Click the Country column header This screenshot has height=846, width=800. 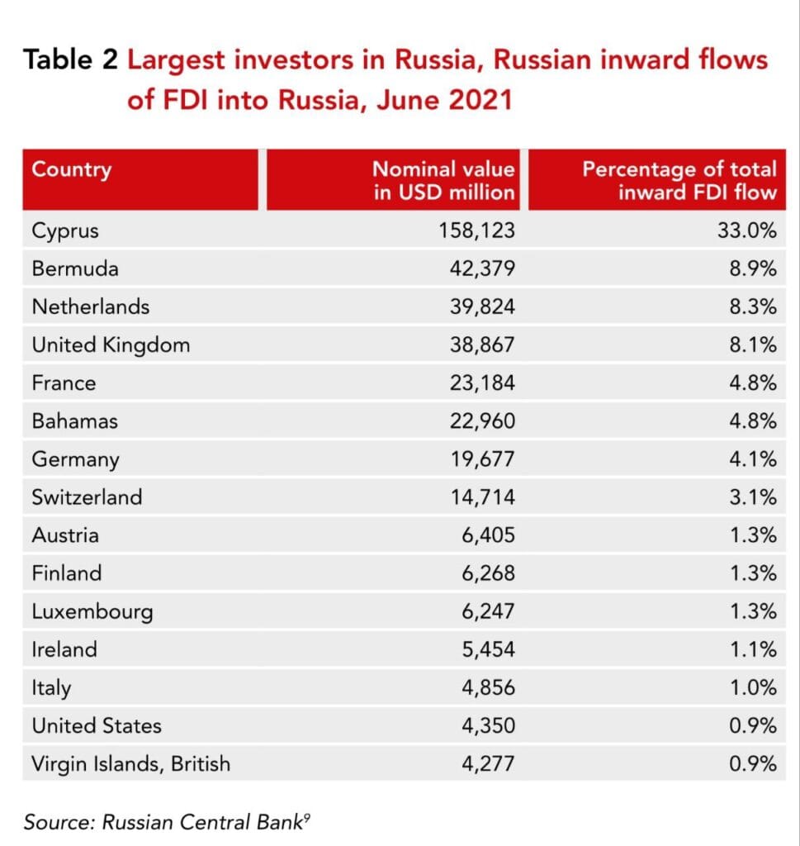click(x=71, y=170)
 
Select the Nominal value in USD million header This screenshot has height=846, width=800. click(x=443, y=180)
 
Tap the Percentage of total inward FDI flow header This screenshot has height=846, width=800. click(x=679, y=180)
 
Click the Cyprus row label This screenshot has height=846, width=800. click(x=65, y=231)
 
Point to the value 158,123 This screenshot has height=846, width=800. click(x=476, y=231)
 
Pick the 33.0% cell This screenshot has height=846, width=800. click(x=747, y=231)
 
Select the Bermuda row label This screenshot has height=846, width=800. click(x=75, y=269)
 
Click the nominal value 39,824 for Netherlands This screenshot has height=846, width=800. click(x=481, y=307)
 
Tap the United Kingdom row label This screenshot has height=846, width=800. click(x=111, y=345)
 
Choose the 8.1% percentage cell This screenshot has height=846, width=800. click(x=753, y=345)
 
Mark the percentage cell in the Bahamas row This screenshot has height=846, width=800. click(x=753, y=421)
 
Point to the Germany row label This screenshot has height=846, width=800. click(x=75, y=459)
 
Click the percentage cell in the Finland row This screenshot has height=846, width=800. click(x=753, y=573)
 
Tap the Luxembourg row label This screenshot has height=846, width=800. click(x=92, y=611)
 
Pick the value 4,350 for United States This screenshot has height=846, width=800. click(x=487, y=725)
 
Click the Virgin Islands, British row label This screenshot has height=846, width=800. click(x=130, y=763)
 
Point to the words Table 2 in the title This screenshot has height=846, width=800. click(x=71, y=59)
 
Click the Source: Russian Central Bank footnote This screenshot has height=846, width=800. click(x=170, y=821)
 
